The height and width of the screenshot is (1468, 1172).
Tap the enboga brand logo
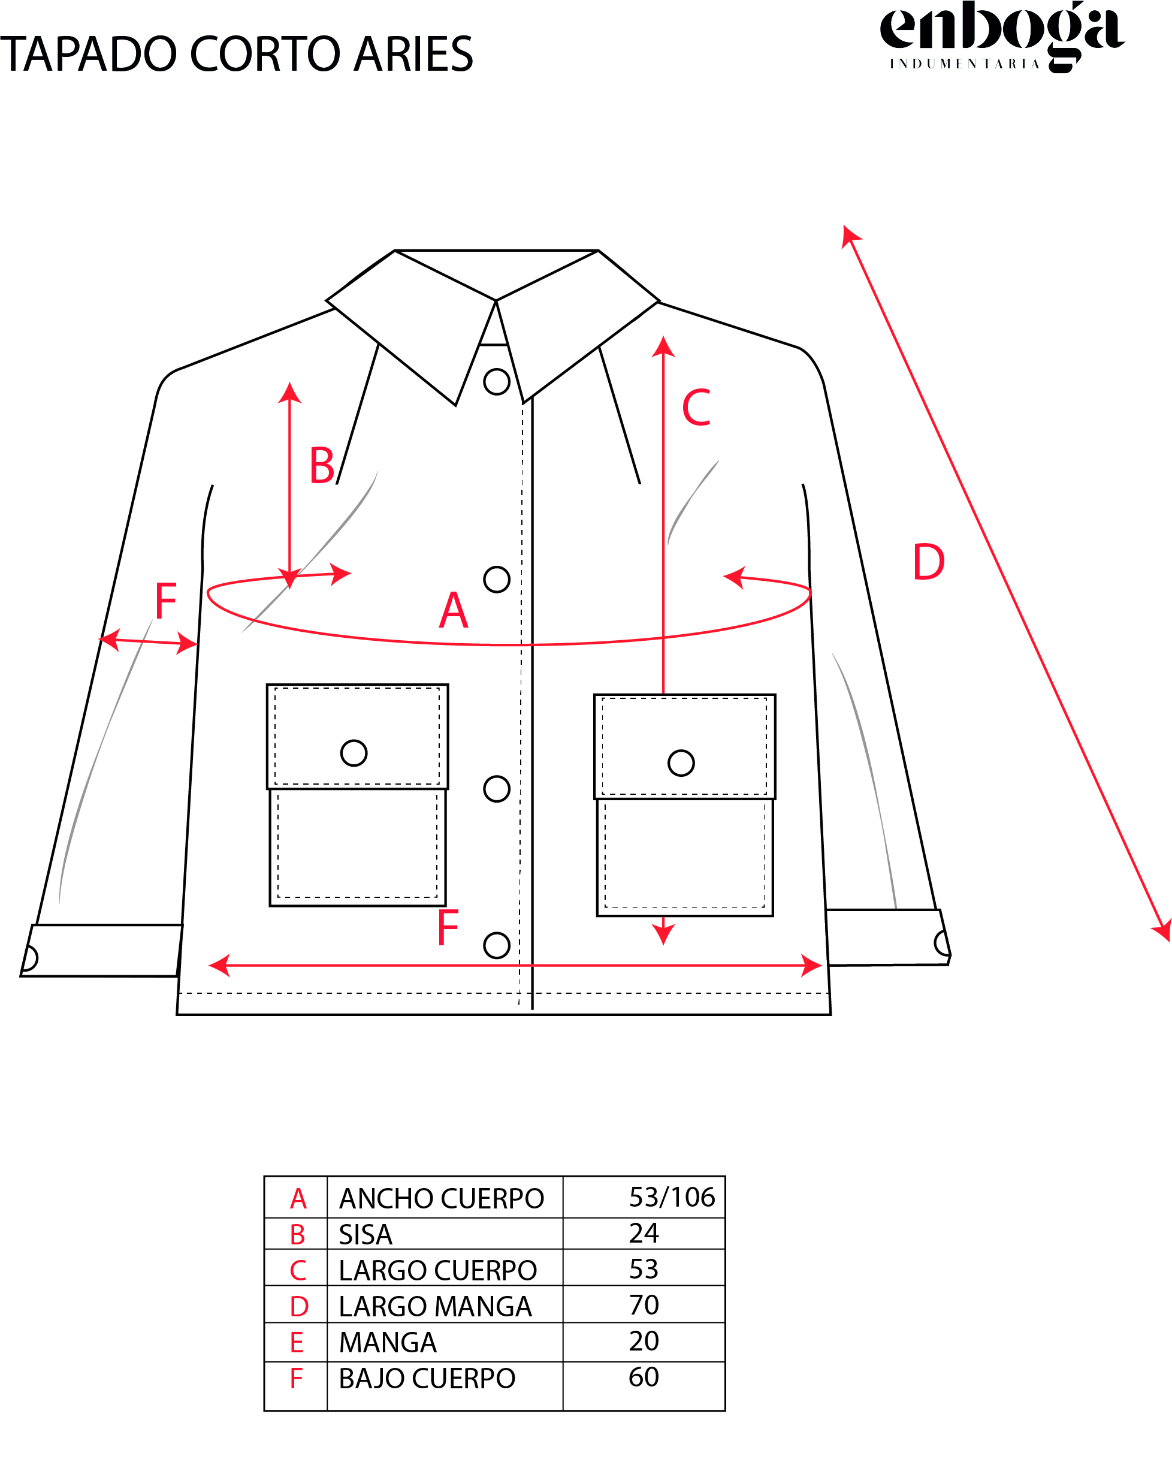(1002, 36)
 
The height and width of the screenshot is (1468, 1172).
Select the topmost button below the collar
(497, 382)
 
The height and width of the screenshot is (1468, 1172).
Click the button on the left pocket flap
(354, 753)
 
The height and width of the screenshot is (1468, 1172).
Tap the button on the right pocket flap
(681, 763)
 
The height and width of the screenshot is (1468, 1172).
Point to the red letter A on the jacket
(454, 611)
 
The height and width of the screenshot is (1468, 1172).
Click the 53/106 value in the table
(672, 1197)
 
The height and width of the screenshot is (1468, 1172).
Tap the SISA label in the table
(366, 1234)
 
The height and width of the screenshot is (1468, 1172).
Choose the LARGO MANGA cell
(436, 1306)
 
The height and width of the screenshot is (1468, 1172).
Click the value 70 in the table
(644, 1304)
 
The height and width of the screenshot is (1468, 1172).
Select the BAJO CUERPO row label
(427, 1378)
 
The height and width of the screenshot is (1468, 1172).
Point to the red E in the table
(297, 1343)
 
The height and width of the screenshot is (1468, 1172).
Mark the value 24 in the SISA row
(644, 1233)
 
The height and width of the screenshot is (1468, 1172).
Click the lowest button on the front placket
(497, 946)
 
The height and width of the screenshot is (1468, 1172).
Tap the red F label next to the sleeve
(166, 601)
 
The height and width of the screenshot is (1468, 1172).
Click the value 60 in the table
(644, 1377)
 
